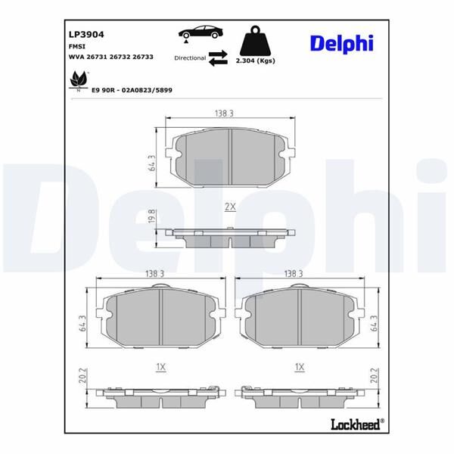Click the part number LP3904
point(86,34)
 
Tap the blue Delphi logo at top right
point(341,43)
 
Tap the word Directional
point(190,58)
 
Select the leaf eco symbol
point(78,79)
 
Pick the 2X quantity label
point(230,207)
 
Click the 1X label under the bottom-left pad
point(160,367)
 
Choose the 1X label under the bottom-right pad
point(300,367)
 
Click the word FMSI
point(77,45)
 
